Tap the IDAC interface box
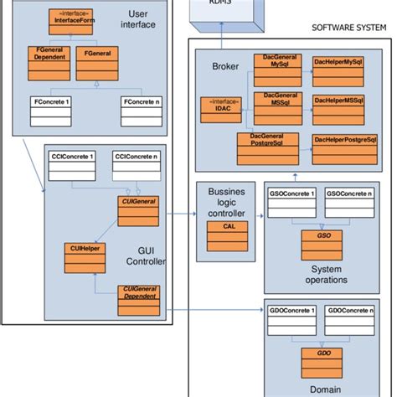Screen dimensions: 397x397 (219, 106)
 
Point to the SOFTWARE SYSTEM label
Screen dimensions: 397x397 (348, 27)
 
